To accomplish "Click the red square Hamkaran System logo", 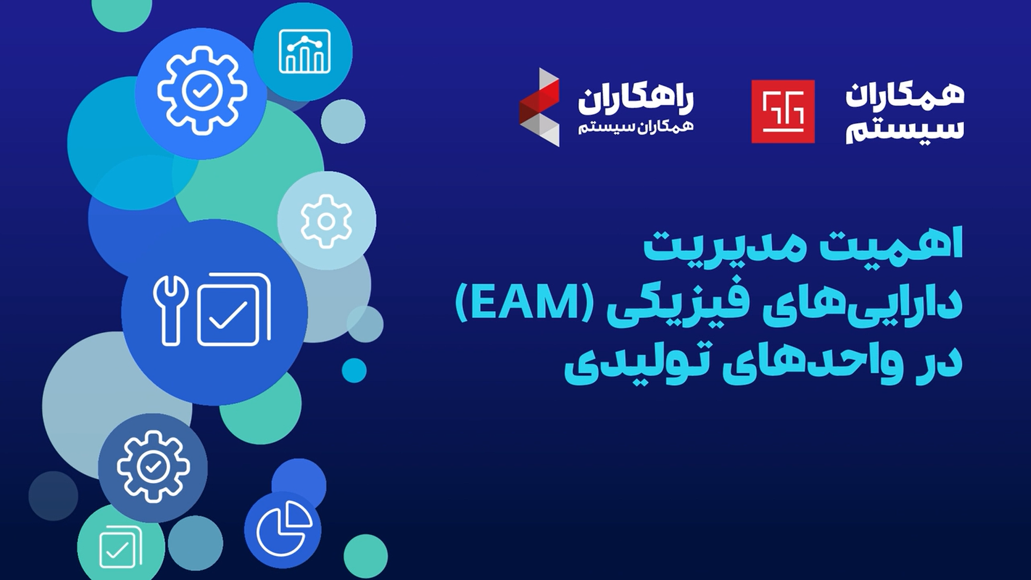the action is coord(783,112).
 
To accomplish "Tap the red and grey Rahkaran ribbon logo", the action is coord(539,107).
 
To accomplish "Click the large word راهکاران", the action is coord(636,99).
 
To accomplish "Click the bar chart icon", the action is coord(304,51).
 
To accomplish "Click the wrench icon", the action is coord(171,310).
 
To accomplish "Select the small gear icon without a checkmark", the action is coord(326,221).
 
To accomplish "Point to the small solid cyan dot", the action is coord(354,370).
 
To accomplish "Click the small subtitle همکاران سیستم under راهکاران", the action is coord(636,127).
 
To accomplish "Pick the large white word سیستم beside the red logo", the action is coord(905,129).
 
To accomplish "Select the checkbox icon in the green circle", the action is coord(121,547).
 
